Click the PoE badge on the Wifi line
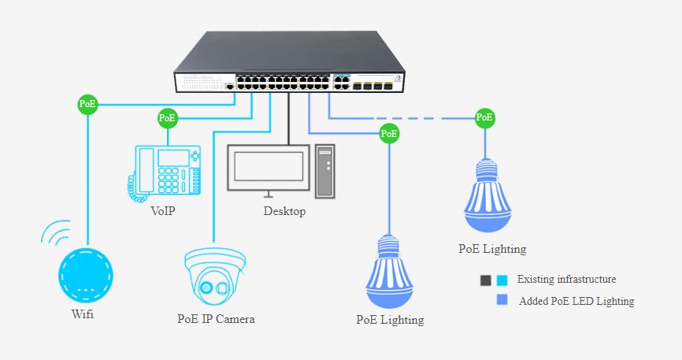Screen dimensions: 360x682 point(87,104)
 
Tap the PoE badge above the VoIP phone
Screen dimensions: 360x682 point(168,118)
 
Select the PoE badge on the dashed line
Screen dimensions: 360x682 point(485,118)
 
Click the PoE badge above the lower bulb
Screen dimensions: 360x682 point(389,134)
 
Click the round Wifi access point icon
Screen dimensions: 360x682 point(87,276)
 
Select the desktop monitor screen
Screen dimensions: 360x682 point(265,167)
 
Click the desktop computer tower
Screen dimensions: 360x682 point(326,171)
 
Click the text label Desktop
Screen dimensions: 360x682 point(284,212)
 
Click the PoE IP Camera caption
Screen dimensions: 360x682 point(216,319)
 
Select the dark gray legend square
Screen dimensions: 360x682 point(486,280)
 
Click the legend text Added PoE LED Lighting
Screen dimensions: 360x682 point(576,301)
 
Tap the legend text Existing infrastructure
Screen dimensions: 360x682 point(567,280)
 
